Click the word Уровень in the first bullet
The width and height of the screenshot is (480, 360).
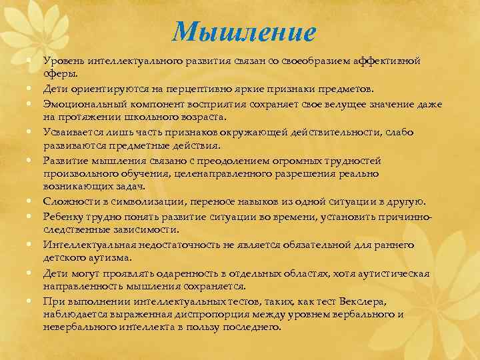[x=64, y=61]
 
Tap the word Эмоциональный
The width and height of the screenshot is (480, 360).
[x=83, y=104]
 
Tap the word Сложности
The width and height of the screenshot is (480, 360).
[x=69, y=201]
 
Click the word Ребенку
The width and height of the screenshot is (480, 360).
[x=64, y=216]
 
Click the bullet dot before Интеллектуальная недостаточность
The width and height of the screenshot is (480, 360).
[x=31, y=245]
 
